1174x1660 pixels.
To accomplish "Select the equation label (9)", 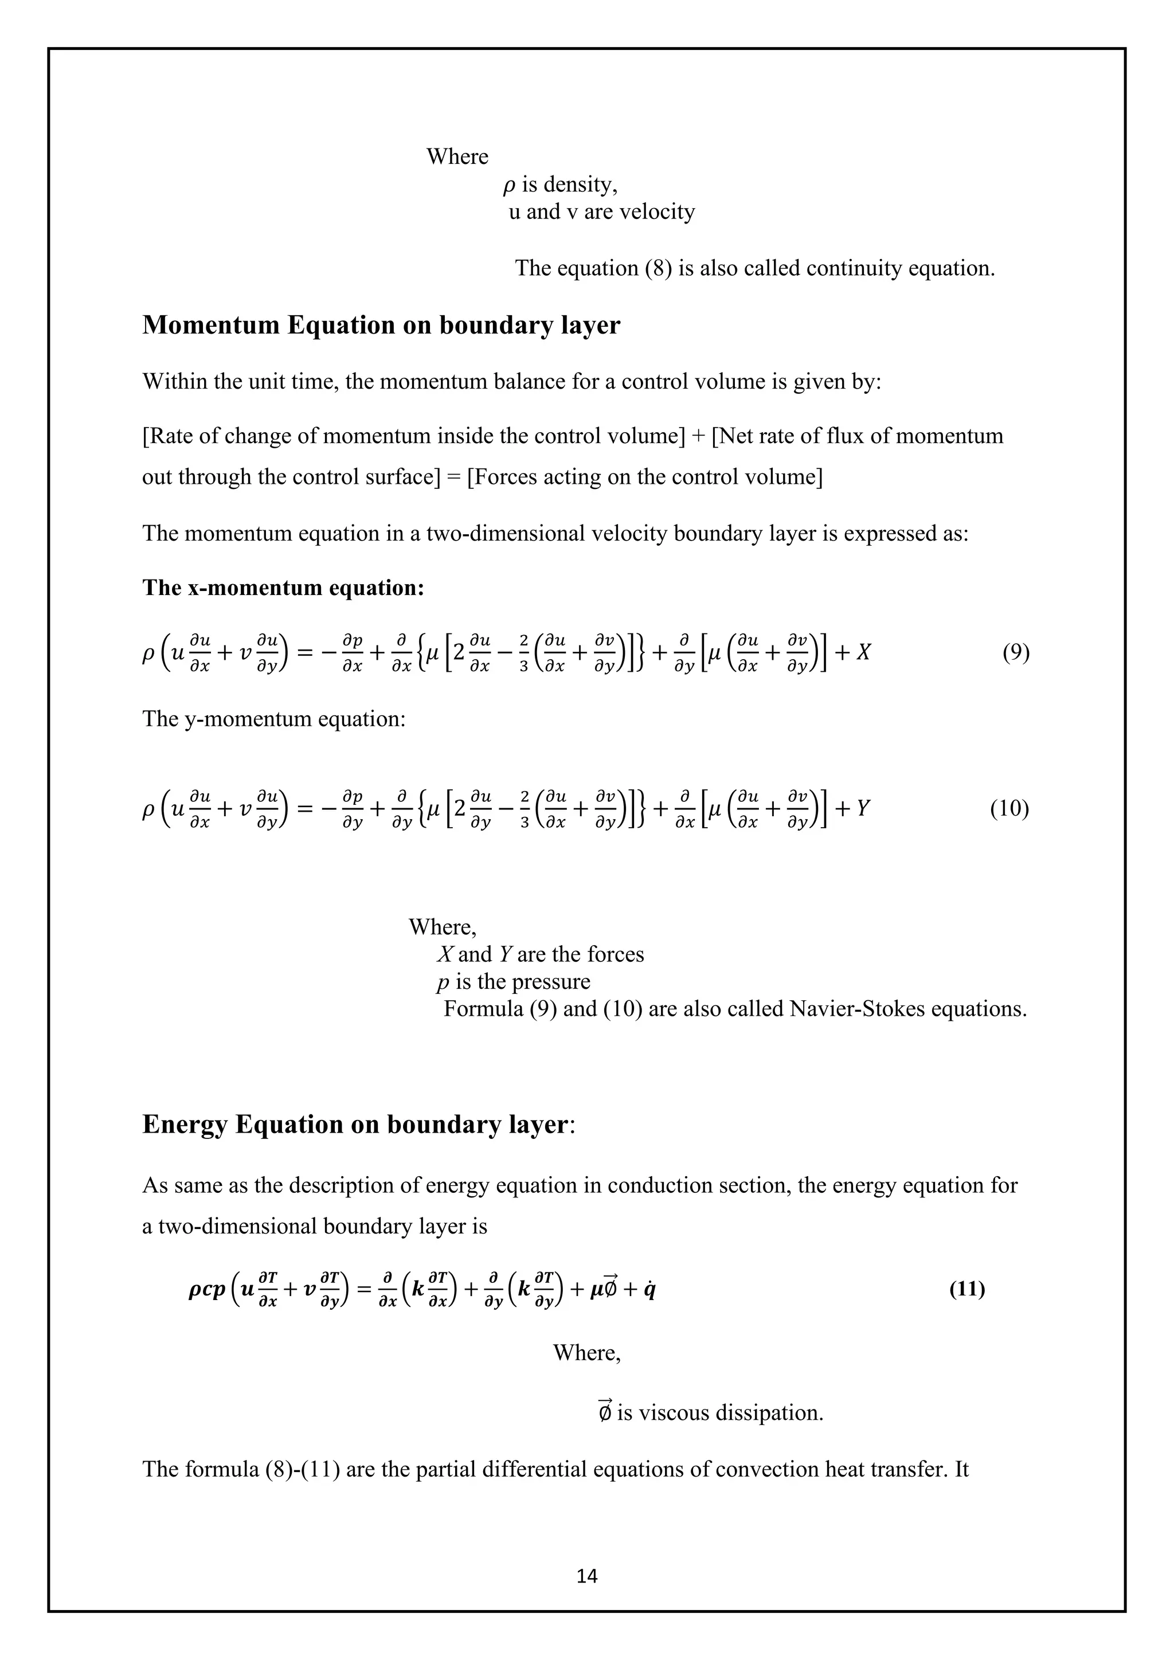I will tap(1016, 653).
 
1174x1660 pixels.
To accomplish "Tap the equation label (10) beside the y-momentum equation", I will tap(1009, 808).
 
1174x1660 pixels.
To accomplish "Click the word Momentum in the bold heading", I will tap(211, 326).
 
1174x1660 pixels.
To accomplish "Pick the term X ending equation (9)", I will tap(863, 653).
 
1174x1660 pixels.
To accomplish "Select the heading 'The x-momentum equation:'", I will tap(283, 588).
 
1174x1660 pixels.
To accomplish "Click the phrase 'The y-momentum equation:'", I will tap(274, 719).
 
